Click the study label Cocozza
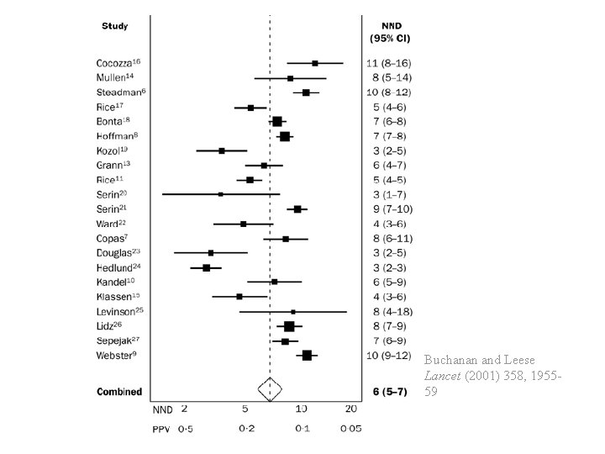point(118,63)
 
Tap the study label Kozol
point(113,150)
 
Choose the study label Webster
point(117,356)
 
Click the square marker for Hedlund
point(206,268)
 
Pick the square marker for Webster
point(307,356)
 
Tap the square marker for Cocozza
point(315,63)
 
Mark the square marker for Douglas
point(211,253)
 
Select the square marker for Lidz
point(289,326)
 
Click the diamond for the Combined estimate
point(270,390)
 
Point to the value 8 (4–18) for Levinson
point(387,312)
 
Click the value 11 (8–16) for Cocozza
point(388,64)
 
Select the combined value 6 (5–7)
point(388,392)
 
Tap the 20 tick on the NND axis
point(351,409)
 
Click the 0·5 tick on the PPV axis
point(184,429)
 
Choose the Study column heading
point(115,26)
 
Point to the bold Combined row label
point(119,392)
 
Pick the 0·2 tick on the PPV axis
point(246,429)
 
